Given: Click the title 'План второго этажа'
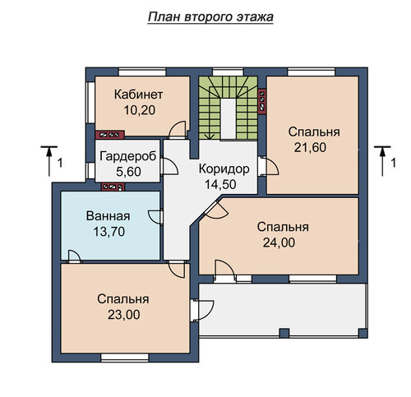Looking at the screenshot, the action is tap(210, 17).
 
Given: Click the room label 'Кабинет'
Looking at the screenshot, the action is tap(138, 95).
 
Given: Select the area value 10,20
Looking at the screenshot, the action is tap(140, 110).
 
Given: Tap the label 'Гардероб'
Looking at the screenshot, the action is tap(127, 156).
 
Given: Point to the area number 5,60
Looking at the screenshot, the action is tap(128, 172).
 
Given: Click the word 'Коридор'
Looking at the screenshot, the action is tap(224, 169).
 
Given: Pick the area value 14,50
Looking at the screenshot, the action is tap(220, 184).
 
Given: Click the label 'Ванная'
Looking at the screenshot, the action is tap(108, 216).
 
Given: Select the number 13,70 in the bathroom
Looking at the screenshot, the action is tap(109, 232).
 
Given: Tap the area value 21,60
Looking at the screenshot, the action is tap(310, 148).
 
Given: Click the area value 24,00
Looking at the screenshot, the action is tap(279, 242).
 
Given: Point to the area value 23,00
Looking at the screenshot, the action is tap(124, 315).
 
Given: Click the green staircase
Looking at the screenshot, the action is tap(229, 108).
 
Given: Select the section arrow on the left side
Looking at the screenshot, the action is tap(49, 161).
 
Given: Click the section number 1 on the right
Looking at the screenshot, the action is tap(394, 164).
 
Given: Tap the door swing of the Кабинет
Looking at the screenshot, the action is tap(178, 129).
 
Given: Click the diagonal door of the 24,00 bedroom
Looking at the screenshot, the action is tap(216, 210).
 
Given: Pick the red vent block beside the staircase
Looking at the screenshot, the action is tap(262, 100).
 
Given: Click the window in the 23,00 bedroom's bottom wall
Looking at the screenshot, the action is tap(125, 358).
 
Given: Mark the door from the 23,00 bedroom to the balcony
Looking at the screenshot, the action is tap(202, 310).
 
